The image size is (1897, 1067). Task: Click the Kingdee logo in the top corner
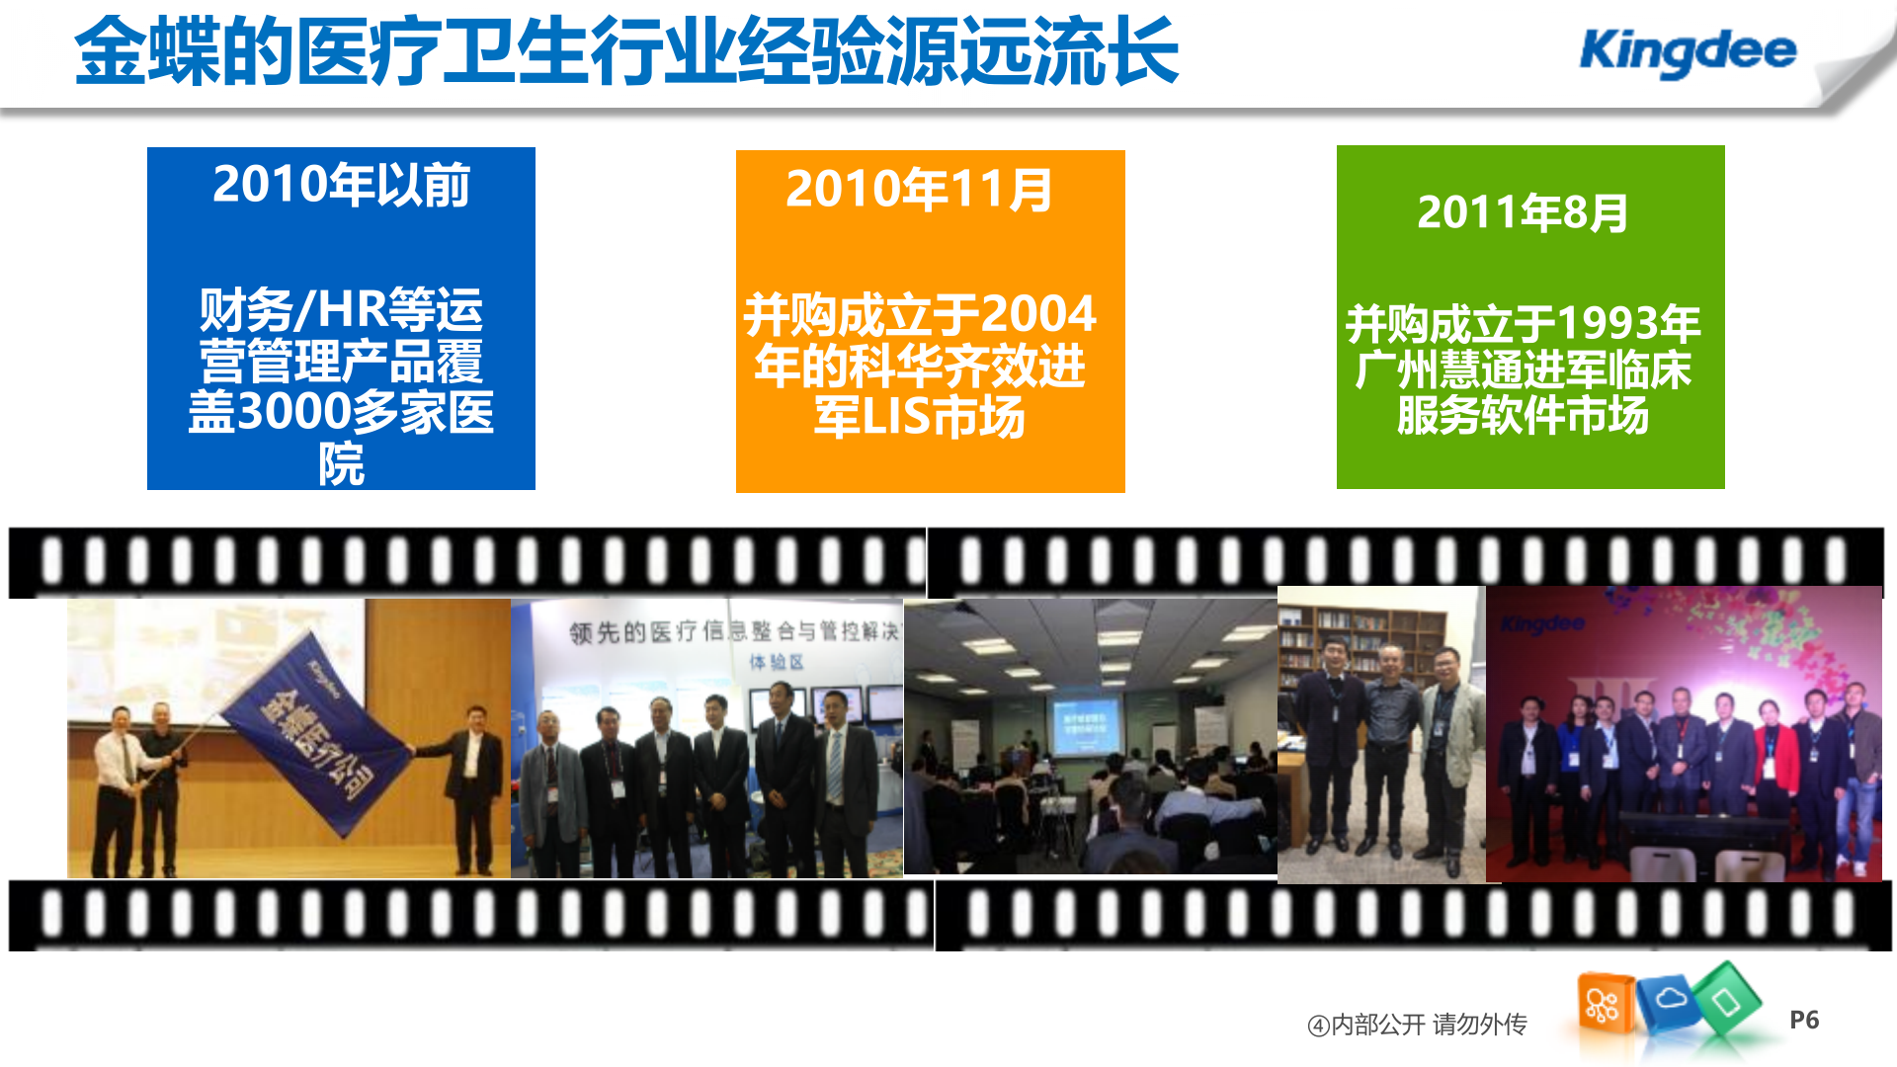point(1688,51)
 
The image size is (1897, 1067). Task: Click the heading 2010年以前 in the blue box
point(341,185)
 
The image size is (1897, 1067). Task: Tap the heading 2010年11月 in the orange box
point(919,190)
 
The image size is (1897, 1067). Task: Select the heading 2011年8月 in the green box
point(1523,212)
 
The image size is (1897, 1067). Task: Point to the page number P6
point(1804,1021)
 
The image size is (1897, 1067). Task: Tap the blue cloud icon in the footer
point(1669,1001)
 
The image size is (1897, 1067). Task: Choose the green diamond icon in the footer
point(1727,1001)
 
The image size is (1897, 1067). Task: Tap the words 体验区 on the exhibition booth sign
point(777,662)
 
